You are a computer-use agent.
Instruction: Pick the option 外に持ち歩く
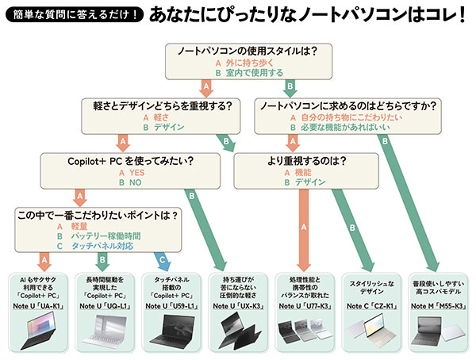click(248, 63)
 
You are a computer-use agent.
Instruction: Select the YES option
click(131, 170)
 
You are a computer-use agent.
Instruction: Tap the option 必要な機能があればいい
click(359, 127)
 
